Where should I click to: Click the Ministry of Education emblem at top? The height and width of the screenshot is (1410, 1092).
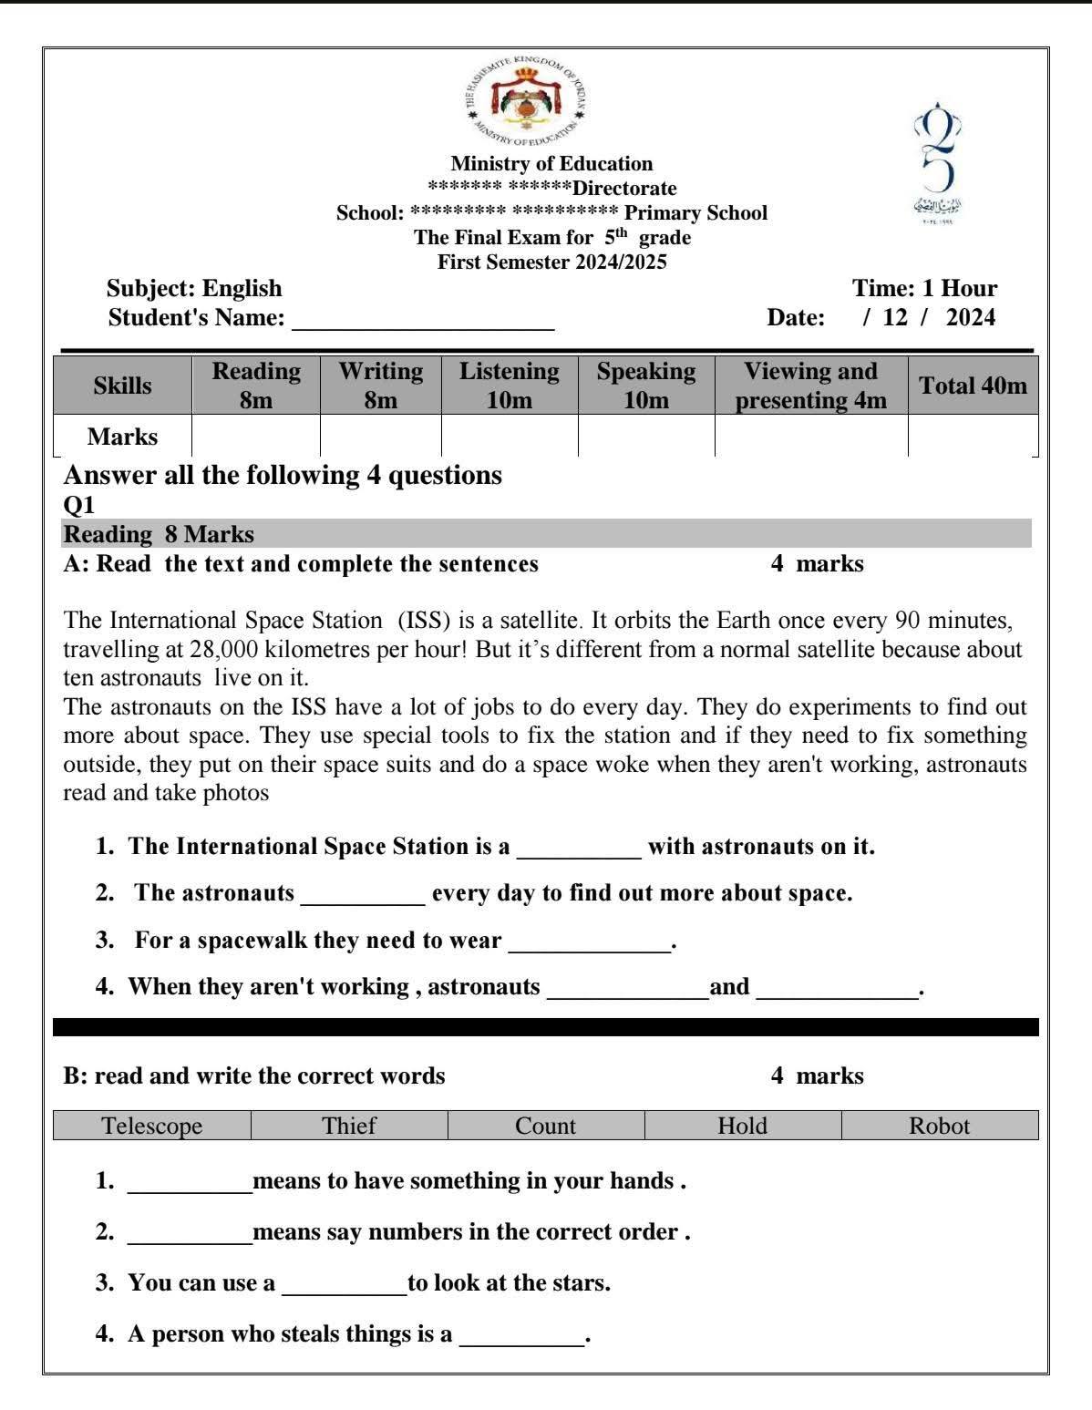pyautogui.click(x=524, y=98)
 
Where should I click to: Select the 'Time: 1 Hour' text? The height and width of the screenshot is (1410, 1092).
pyautogui.click(x=923, y=289)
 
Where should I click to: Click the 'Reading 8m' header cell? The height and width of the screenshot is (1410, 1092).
pyautogui.click(x=256, y=386)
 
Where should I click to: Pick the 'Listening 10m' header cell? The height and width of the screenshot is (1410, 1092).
pyautogui.click(x=509, y=386)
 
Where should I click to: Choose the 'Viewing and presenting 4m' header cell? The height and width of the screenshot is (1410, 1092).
pyautogui.click(x=810, y=386)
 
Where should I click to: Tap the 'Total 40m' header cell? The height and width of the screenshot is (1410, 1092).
pyautogui.click(x=973, y=386)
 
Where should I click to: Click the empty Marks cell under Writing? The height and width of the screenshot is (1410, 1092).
pyautogui.click(x=380, y=437)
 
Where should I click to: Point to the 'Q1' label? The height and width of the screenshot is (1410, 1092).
pyautogui.click(x=79, y=505)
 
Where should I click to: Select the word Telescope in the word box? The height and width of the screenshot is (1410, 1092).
pyautogui.click(x=152, y=1126)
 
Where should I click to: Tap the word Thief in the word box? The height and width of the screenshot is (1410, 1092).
pyautogui.click(x=349, y=1126)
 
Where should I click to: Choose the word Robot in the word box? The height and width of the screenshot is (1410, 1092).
pyautogui.click(x=939, y=1126)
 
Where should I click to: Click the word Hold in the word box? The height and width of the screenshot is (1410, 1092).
pyautogui.click(x=742, y=1126)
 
